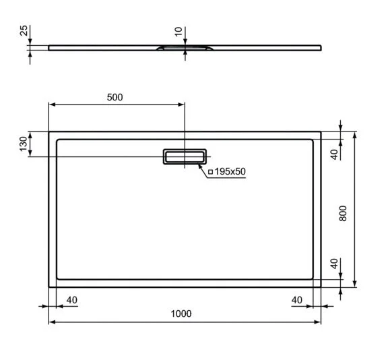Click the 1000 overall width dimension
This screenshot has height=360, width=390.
coord(181,313)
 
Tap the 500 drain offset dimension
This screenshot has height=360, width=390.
coord(115,97)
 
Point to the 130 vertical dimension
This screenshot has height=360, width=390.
coord(23,144)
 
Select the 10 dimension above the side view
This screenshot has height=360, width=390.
coord(178,32)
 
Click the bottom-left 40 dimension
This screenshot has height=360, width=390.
coord(72,300)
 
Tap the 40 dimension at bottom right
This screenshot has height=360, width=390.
coord(298,300)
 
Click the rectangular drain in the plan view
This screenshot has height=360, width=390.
coord(184,156)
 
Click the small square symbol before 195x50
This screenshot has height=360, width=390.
coord(210,172)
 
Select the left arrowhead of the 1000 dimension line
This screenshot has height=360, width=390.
coord(51,322)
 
